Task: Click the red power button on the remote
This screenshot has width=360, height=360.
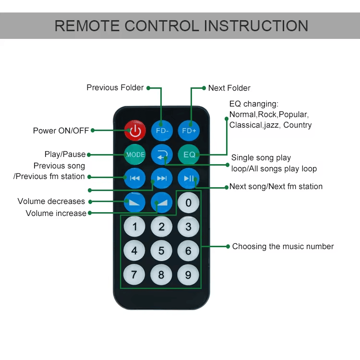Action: [x=135, y=130]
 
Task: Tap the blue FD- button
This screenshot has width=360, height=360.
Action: [x=162, y=130]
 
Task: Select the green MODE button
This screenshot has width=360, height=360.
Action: [x=135, y=155]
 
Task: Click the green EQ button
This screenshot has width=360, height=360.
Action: [x=189, y=155]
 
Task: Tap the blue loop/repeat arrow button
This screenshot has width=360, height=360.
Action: [x=162, y=155]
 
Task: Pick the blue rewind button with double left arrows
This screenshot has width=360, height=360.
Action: [x=135, y=179]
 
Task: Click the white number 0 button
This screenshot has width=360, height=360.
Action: [x=189, y=203]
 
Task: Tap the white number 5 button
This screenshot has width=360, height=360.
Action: [x=162, y=250]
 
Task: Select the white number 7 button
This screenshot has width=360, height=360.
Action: [x=134, y=275]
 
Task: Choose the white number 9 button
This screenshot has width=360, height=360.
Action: [x=189, y=275]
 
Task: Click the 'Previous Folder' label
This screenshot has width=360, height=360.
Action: [x=115, y=87]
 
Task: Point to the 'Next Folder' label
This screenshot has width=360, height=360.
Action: [x=229, y=88]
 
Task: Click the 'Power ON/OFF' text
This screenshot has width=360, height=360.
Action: [x=61, y=131]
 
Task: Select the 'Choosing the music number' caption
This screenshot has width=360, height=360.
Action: [x=283, y=246]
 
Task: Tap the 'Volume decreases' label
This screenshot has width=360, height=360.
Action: [x=51, y=201]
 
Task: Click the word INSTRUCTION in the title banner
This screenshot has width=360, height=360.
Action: [x=253, y=25]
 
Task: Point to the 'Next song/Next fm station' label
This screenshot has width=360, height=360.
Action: [x=276, y=186]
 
